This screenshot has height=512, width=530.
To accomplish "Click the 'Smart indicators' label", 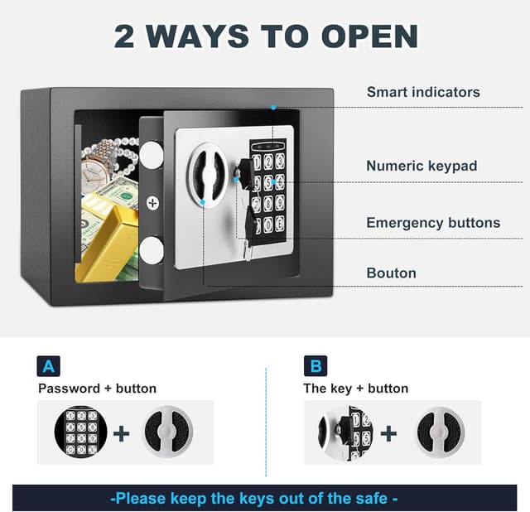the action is coord(423,92).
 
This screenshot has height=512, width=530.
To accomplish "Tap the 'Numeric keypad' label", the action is coord(422,166).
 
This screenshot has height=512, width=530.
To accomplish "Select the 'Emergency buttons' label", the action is coord(433,223).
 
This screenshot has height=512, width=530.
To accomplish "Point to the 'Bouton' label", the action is coord(392,273).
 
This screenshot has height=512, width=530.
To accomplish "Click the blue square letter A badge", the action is coord(49,366).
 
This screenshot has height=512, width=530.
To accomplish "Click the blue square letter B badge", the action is coord(316,366).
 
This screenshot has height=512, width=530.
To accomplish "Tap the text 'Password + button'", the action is coord(98,389).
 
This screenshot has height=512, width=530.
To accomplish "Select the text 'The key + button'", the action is coord(355,389).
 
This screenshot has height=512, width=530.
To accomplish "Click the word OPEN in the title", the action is coord(370,36).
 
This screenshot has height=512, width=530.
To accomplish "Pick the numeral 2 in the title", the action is coord(124,36).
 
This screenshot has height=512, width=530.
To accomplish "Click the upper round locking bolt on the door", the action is coord(151,154).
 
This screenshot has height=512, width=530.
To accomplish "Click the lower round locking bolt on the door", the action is coord(151,250).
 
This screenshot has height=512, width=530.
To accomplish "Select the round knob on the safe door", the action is coord(207,175).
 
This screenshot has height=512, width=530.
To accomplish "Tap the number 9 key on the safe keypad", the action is coord(279,203).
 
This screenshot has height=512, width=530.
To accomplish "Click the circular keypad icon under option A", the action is coord(81,432).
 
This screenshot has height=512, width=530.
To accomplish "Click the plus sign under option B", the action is coord(388,433).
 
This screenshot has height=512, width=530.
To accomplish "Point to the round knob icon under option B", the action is coord(439,432).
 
